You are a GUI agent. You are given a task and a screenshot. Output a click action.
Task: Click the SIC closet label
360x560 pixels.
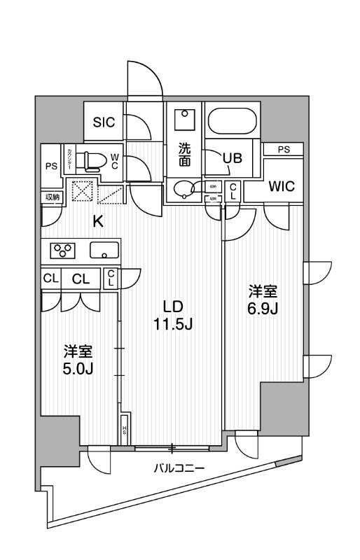[104, 120]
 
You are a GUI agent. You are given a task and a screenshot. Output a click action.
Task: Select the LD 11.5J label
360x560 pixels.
[172, 314]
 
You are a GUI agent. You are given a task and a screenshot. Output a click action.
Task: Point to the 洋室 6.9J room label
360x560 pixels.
[264, 299]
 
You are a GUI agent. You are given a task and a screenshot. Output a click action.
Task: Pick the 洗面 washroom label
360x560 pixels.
[184, 154]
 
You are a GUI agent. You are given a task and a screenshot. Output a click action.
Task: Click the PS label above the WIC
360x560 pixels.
[283, 148]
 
